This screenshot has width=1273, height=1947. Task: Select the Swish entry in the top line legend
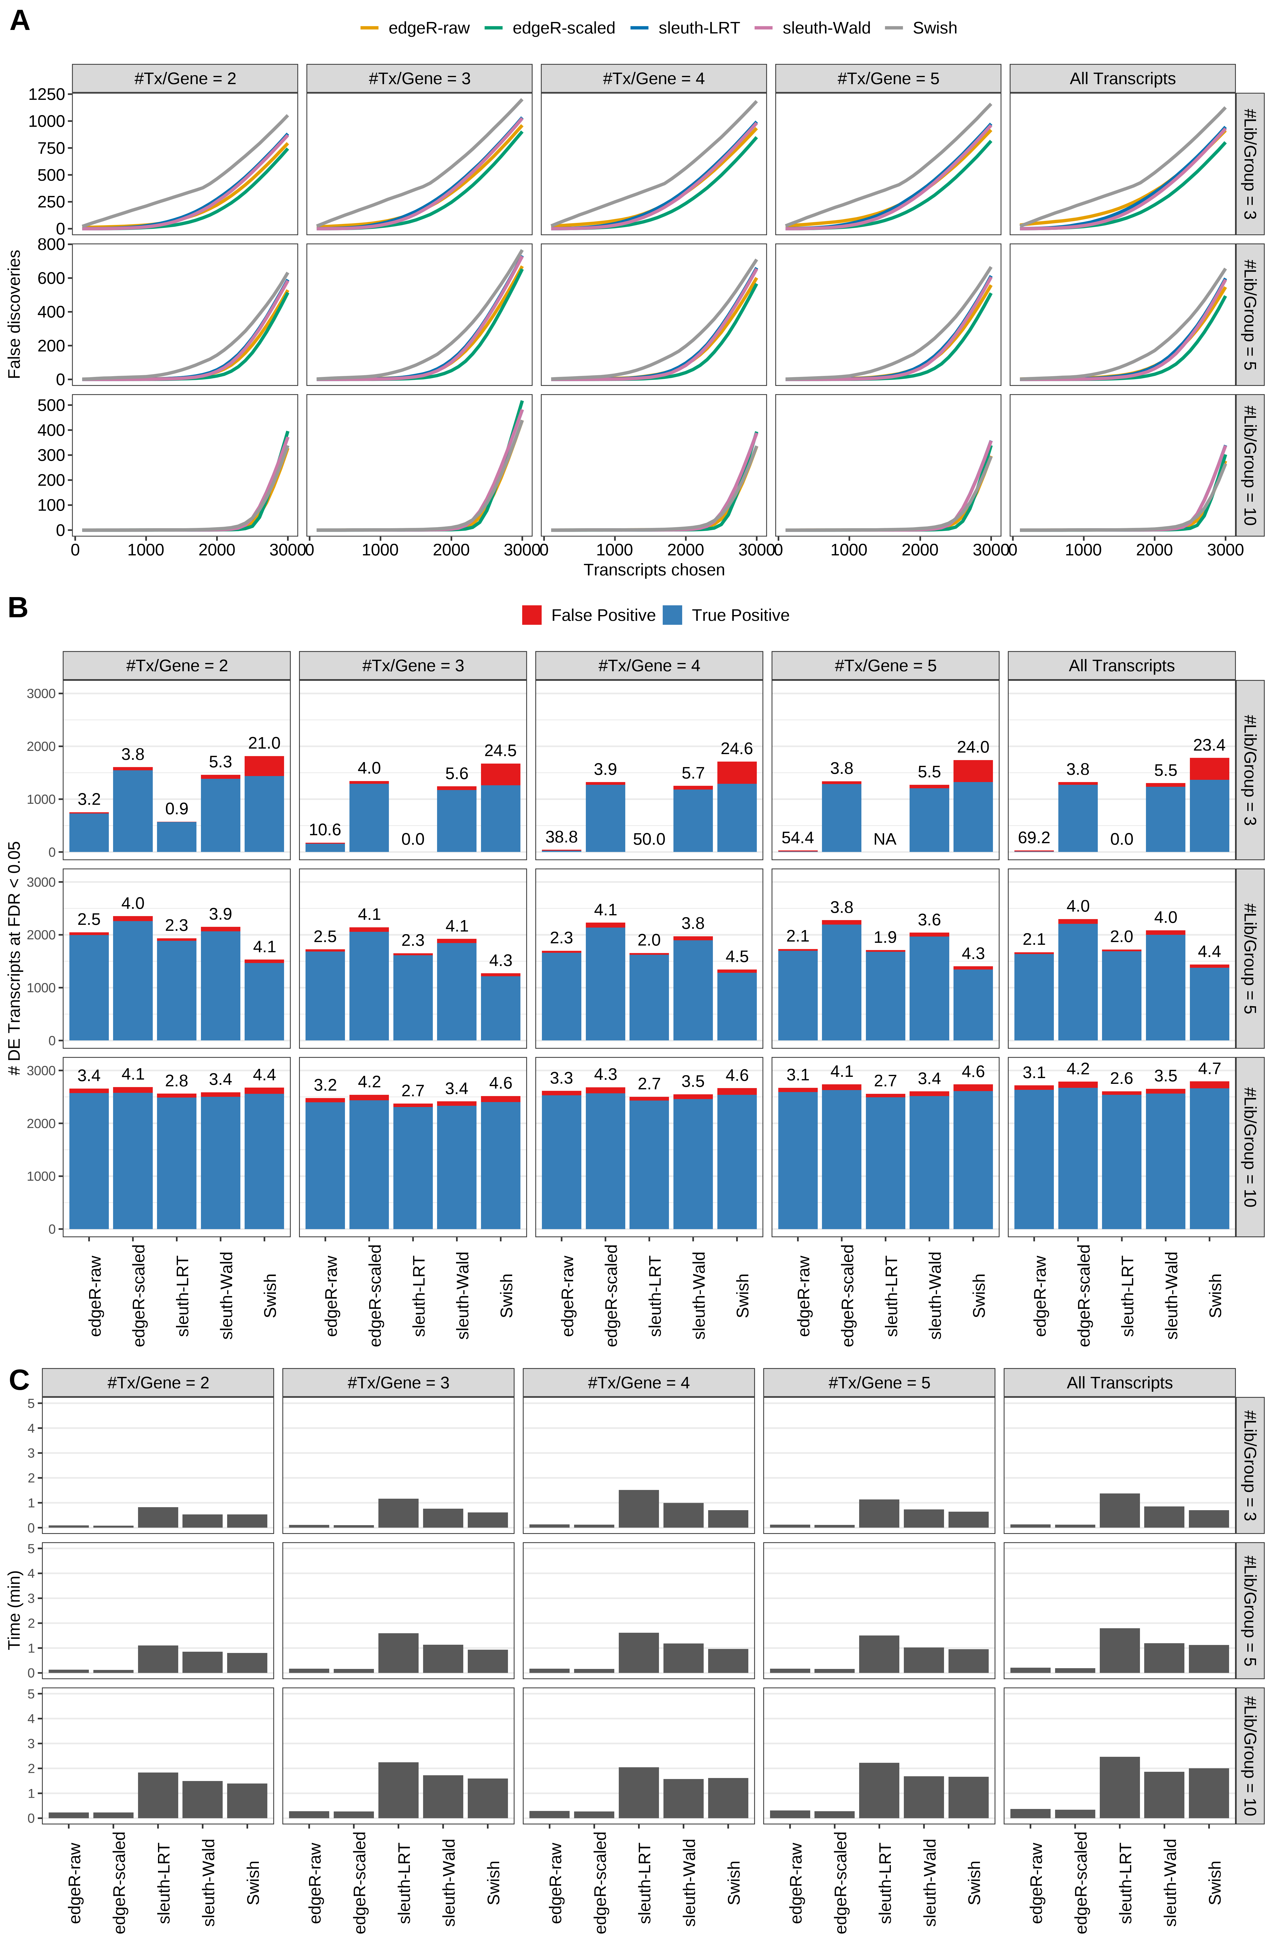click(x=934, y=28)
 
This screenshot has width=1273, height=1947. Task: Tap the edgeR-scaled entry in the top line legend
click(x=563, y=28)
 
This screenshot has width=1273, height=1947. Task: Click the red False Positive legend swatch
click(x=532, y=615)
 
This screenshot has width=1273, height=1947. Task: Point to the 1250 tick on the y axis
click(x=46, y=94)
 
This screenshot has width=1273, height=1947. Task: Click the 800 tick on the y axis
click(x=51, y=245)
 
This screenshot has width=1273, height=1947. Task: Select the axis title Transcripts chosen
click(x=654, y=570)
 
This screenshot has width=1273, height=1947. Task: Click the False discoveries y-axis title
click(x=14, y=314)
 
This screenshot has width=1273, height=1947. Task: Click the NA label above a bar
click(x=884, y=839)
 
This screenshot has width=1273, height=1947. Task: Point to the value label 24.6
click(x=736, y=749)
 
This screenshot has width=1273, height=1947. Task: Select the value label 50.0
click(x=649, y=839)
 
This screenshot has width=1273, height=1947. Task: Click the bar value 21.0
click(x=263, y=743)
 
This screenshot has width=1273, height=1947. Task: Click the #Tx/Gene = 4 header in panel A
click(x=653, y=79)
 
